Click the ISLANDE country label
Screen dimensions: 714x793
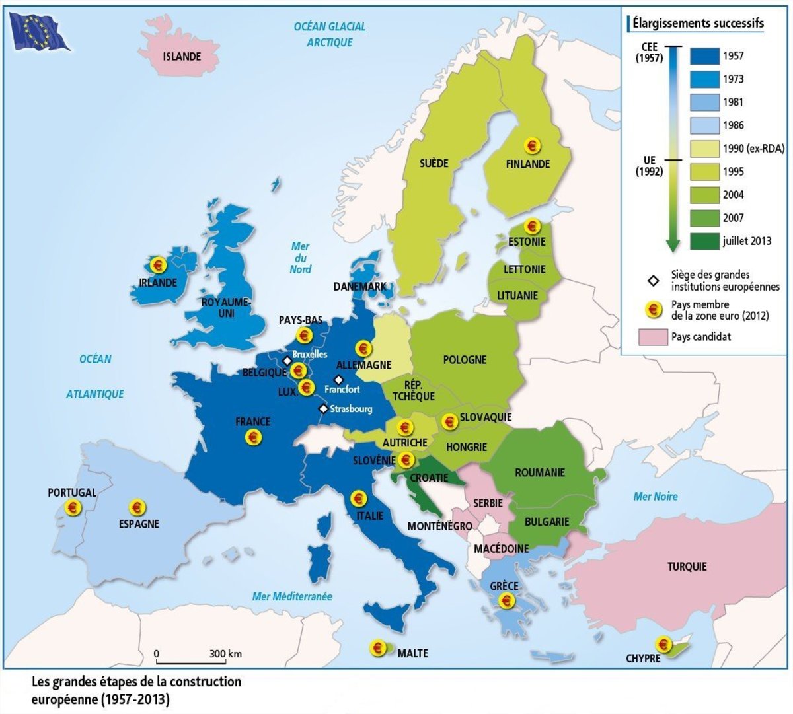click(x=182, y=57)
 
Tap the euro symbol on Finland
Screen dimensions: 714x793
click(x=531, y=145)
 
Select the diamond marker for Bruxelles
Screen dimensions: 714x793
click(x=287, y=361)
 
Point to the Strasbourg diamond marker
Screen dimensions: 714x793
click(x=323, y=409)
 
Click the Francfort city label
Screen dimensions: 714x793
click(x=342, y=390)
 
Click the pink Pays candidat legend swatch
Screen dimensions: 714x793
click(x=653, y=337)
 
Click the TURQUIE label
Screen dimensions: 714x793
click(x=687, y=567)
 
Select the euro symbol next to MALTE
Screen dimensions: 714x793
click(x=378, y=648)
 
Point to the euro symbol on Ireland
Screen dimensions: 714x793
click(x=158, y=265)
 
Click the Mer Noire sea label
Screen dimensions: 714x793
click(x=655, y=497)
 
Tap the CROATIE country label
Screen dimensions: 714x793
click(x=429, y=478)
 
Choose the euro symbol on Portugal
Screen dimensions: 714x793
click(x=73, y=507)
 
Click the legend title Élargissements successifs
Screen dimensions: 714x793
click(x=698, y=24)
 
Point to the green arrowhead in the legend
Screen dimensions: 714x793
click(x=673, y=245)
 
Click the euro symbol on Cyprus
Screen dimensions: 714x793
click(x=663, y=644)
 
